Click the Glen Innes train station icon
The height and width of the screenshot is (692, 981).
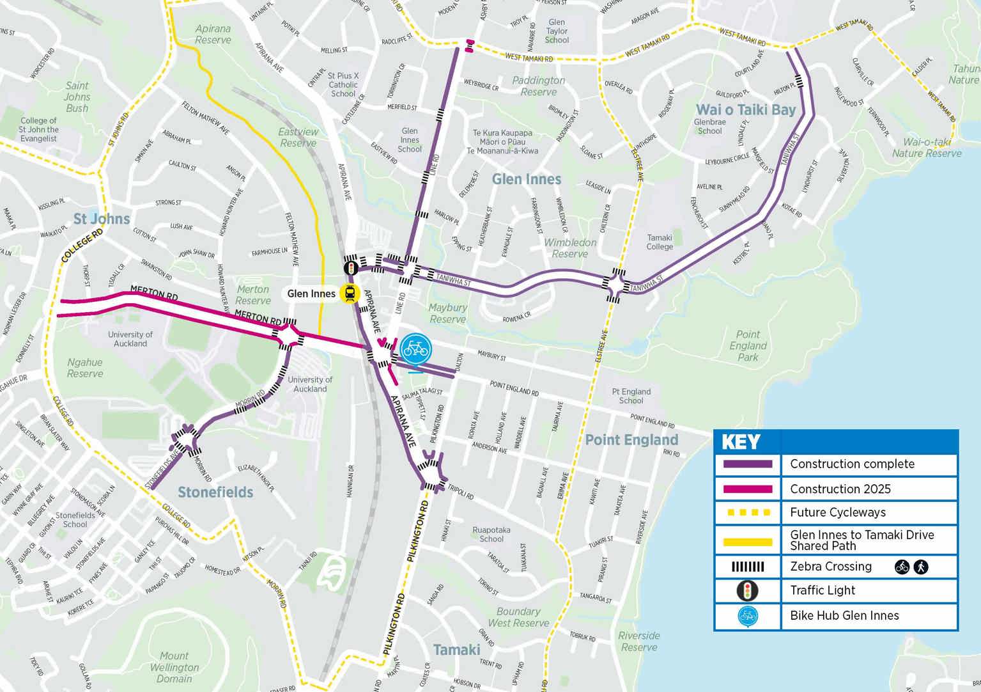point(350,294)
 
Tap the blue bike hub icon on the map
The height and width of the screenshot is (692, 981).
point(416,349)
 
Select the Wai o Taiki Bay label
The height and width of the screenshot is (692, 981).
point(746,109)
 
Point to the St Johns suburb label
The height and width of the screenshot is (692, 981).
point(102,219)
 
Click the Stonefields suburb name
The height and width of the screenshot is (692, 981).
point(215,492)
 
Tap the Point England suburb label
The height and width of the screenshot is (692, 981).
point(631,439)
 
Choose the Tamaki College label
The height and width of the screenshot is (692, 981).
point(660,242)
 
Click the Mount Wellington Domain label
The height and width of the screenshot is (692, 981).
point(174,667)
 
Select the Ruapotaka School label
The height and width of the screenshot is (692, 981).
point(491,534)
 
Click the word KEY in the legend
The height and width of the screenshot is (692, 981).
point(741,442)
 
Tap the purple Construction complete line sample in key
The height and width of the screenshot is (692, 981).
point(747,464)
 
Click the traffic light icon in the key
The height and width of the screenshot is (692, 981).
point(747,590)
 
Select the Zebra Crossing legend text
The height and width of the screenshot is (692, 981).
point(830,566)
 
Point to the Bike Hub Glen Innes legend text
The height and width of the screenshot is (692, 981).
point(844,615)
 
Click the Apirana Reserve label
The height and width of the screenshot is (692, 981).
point(213,34)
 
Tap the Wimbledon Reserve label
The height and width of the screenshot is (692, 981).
point(570,248)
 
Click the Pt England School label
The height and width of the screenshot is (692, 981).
point(631,396)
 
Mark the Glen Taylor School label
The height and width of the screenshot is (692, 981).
point(557,31)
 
